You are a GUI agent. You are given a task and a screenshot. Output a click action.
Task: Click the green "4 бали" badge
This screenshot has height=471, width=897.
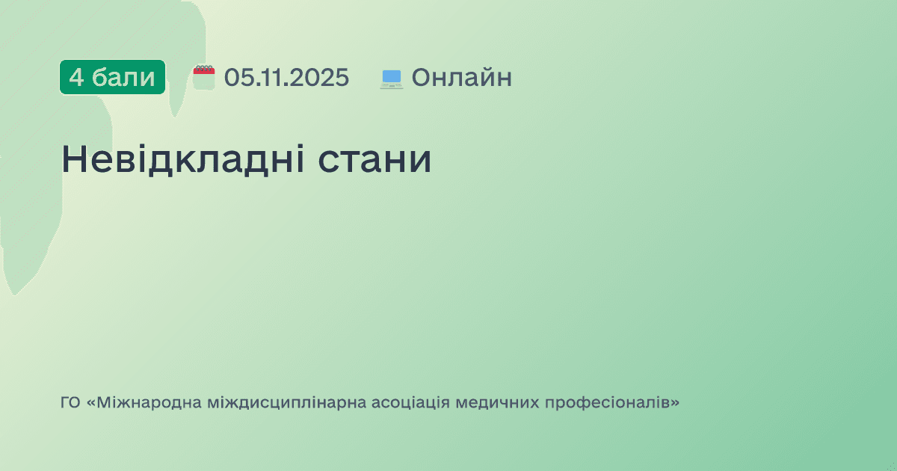pyautogui.click(x=112, y=77)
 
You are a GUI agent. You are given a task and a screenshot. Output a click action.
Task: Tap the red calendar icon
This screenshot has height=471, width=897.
pyautogui.click(x=204, y=77)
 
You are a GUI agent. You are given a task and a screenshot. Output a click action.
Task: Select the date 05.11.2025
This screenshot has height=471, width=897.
pyautogui.click(x=286, y=77)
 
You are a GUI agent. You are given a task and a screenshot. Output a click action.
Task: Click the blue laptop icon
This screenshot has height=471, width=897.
pyautogui.click(x=391, y=78)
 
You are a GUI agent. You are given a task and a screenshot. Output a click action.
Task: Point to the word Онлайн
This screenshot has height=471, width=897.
pyautogui.click(x=461, y=77)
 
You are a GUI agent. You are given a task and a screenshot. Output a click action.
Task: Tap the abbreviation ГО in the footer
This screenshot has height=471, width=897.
pyautogui.click(x=70, y=403)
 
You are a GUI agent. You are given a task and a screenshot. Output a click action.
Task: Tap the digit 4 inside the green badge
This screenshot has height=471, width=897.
pyautogui.click(x=76, y=77)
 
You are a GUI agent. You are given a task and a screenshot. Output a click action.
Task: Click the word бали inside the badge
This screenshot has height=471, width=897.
pyautogui.click(x=123, y=77)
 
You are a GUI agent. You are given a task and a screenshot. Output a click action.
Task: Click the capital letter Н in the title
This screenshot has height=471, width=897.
pyautogui.click(x=75, y=159)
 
